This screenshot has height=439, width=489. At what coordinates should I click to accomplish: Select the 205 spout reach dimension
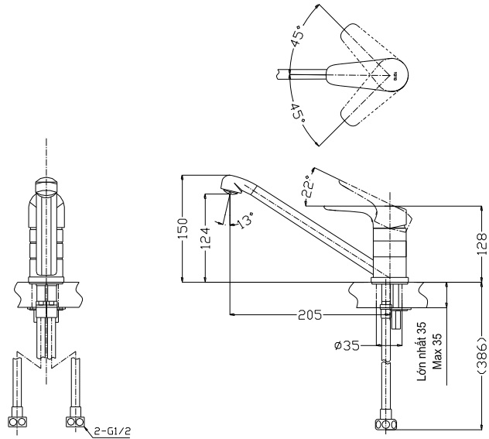(x=309, y=315)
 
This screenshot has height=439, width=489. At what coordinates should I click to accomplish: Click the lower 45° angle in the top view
(x=298, y=115)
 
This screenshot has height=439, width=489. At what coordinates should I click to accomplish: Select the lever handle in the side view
(x=364, y=209)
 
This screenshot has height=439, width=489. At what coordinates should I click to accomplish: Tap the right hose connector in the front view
(x=76, y=421)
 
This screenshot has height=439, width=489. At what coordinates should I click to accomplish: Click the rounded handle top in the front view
(x=46, y=186)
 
